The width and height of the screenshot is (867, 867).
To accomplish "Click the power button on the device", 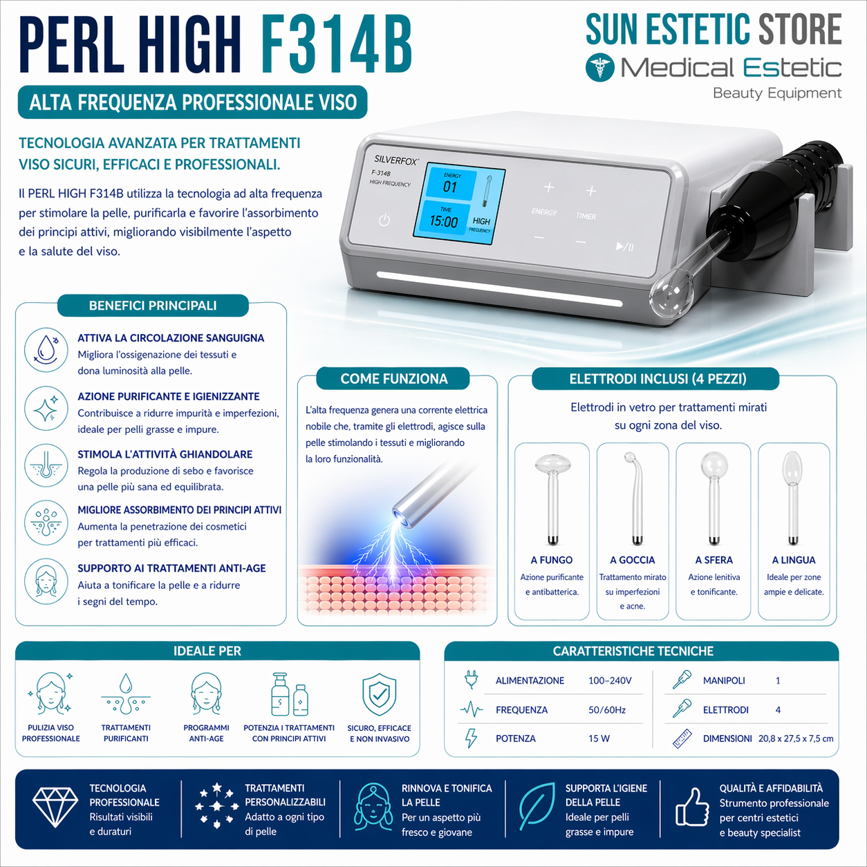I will pyautogui.click(x=384, y=221).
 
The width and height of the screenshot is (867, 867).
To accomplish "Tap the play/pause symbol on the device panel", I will pyautogui.click(x=624, y=247).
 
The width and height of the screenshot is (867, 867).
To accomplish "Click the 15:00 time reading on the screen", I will pyautogui.click(x=444, y=221).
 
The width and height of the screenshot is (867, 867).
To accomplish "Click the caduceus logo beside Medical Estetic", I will pyautogui.click(x=599, y=68).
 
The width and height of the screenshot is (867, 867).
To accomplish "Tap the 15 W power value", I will pyautogui.click(x=599, y=738).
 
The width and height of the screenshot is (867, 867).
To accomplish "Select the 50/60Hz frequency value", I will pyautogui.click(x=607, y=710).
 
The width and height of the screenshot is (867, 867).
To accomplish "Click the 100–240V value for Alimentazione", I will pyautogui.click(x=610, y=681).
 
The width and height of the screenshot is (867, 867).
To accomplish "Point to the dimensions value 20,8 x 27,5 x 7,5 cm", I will pyautogui.click(x=796, y=738).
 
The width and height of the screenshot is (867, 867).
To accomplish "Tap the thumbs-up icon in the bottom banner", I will pyautogui.click(x=691, y=807).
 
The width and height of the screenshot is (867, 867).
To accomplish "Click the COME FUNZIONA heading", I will pyautogui.click(x=394, y=379).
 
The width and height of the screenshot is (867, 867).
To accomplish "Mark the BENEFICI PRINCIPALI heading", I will pyautogui.click(x=153, y=306).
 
